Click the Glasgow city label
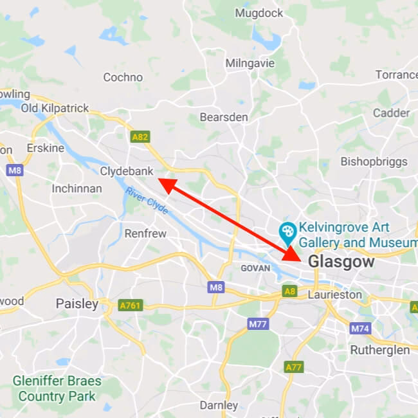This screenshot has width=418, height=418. [341, 262]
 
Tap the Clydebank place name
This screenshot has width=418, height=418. [127, 171]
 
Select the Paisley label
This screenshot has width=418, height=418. [77, 303]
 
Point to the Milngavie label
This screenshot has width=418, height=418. [250, 63]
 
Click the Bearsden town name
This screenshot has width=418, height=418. [224, 117]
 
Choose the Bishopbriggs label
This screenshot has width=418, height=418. [374, 161]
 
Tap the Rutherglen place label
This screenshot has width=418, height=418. [379, 350]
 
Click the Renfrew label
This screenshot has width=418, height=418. [145, 233]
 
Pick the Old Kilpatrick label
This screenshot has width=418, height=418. [55, 108]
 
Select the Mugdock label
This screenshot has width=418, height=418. [259, 13]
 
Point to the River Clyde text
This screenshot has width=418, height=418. [147, 201]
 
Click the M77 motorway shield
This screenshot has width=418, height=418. [257, 324]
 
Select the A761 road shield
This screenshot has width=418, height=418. [130, 305]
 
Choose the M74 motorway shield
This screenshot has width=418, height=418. [360, 328]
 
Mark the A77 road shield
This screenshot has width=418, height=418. [293, 367]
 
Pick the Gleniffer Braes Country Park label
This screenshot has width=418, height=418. [57, 388]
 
